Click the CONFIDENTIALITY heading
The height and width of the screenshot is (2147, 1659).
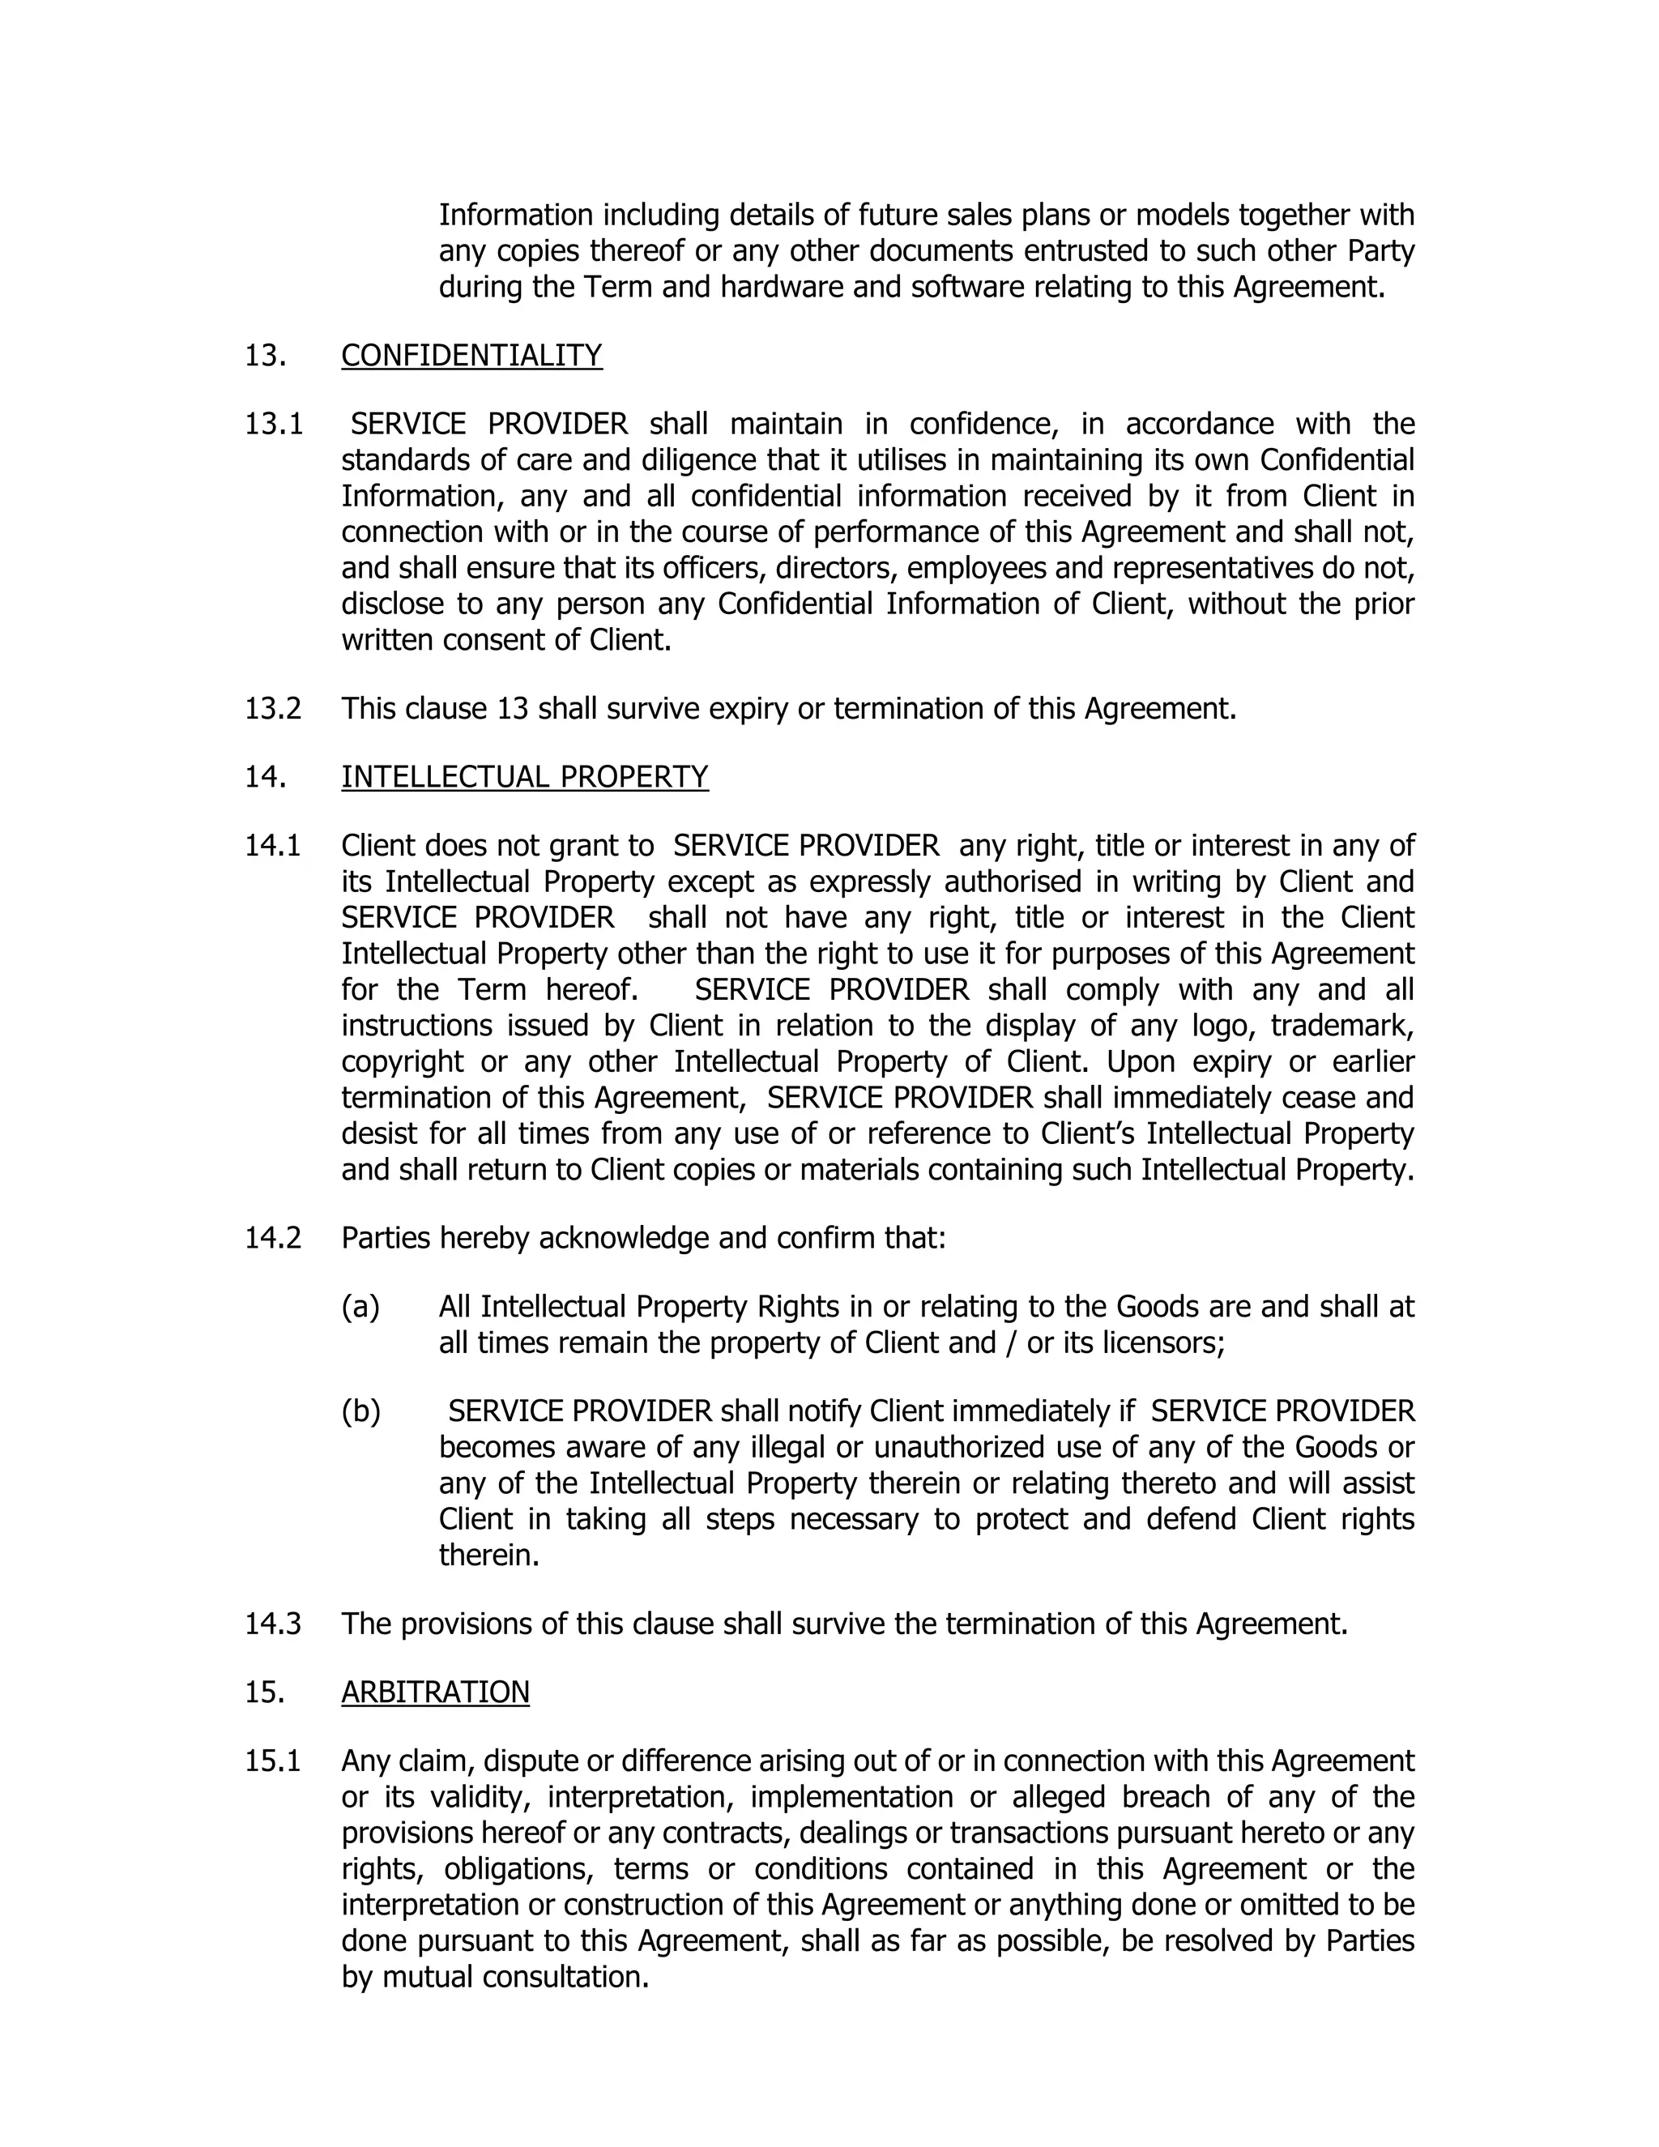pyautogui.click(x=471, y=355)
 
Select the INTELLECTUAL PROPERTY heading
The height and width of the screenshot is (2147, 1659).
pyautogui.click(x=525, y=777)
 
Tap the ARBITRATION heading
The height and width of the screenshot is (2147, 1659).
pyautogui.click(x=435, y=1691)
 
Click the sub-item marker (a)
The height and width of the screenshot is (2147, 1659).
pyautogui.click(x=360, y=1307)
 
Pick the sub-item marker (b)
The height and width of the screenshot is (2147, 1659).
pyautogui.click(x=360, y=1411)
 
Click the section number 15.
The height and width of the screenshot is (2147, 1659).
pyautogui.click(x=264, y=1691)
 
